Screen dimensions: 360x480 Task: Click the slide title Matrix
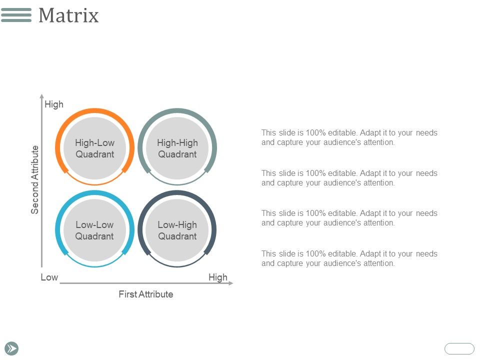[x=68, y=15]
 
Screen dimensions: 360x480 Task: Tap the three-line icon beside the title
[x=16, y=15]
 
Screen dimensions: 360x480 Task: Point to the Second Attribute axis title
[x=35, y=179]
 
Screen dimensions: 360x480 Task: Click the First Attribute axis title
[x=145, y=294]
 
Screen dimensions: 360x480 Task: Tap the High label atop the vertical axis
[x=54, y=104]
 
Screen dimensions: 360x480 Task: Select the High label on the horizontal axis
[x=218, y=277]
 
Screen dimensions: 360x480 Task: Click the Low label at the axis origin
[x=49, y=277]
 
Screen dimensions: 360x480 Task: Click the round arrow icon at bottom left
[x=12, y=348]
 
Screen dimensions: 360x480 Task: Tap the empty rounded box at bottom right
[x=459, y=348]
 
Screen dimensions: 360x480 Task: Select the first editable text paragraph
[x=349, y=137]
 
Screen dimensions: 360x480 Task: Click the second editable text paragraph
[x=349, y=178]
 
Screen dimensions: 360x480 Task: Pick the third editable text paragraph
[x=349, y=218]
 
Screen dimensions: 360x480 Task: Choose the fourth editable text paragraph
[x=349, y=258]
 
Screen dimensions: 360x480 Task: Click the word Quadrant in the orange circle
[x=94, y=154]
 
